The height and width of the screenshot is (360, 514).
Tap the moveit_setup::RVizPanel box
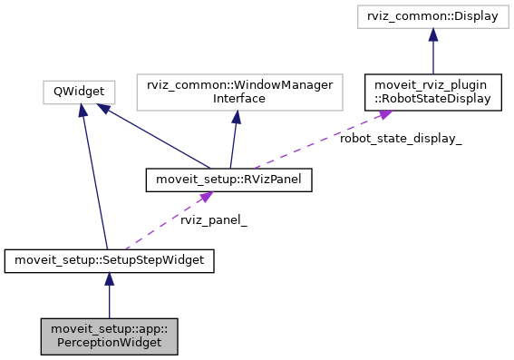pos(228,180)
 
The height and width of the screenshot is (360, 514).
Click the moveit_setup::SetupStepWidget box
pos(109,261)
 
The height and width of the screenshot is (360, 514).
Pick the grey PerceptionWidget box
pos(109,335)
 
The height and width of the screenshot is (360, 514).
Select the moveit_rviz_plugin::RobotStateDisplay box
pos(433,91)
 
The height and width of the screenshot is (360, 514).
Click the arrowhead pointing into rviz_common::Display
pos(433,35)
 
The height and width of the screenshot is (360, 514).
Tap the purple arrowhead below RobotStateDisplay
pos(384,113)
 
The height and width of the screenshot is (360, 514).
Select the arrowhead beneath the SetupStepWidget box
pos(109,279)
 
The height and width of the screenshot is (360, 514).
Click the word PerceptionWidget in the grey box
pos(109,342)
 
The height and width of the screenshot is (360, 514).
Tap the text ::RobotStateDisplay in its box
pos(433,98)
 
